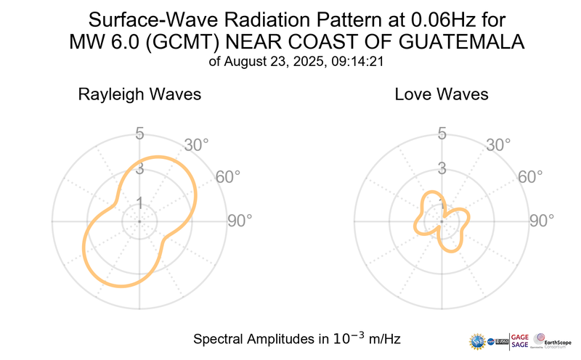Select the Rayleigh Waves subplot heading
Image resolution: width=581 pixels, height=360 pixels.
pyautogui.click(x=139, y=95)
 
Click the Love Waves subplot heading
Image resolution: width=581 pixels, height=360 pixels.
pyautogui.click(x=441, y=95)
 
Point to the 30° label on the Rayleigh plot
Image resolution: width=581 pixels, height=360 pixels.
pyautogui.click(x=196, y=144)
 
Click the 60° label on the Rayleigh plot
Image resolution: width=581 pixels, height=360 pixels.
pyautogui.click(x=228, y=176)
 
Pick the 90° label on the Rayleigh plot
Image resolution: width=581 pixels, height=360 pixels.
pyautogui.click(x=240, y=220)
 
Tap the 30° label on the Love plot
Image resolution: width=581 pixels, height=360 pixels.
pyautogui.click(x=498, y=144)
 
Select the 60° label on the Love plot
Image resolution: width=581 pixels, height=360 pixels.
pyautogui.click(x=530, y=176)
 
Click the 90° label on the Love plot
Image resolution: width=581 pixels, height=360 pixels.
pyautogui.click(x=542, y=220)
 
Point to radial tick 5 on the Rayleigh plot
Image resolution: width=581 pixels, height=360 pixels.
pyautogui.click(x=139, y=134)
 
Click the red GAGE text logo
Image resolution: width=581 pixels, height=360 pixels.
pyautogui.click(x=521, y=335)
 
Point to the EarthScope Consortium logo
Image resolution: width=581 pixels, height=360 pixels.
pyautogui.click(x=553, y=340)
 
